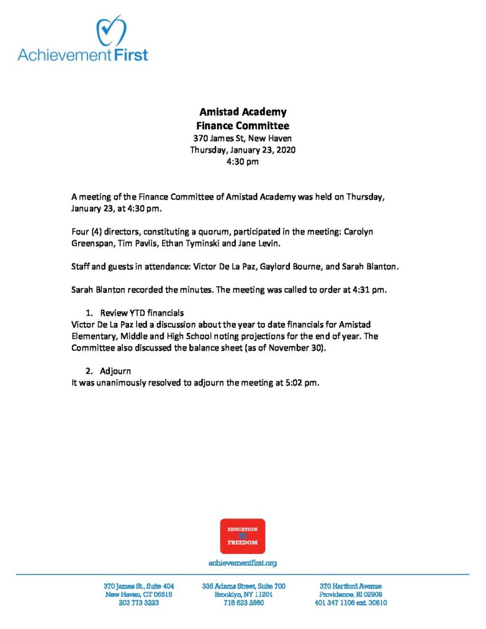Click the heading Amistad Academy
(x=243, y=112)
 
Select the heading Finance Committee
(x=243, y=126)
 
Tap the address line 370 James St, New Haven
(x=243, y=138)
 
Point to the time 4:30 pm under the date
(x=243, y=162)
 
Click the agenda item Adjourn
(x=116, y=372)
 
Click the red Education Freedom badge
(x=243, y=536)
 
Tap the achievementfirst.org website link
(x=243, y=563)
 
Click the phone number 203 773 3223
(x=139, y=603)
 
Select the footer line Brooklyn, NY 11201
(x=243, y=595)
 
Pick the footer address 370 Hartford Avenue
(x=350, y=586)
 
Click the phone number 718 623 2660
(x=243, y=603)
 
